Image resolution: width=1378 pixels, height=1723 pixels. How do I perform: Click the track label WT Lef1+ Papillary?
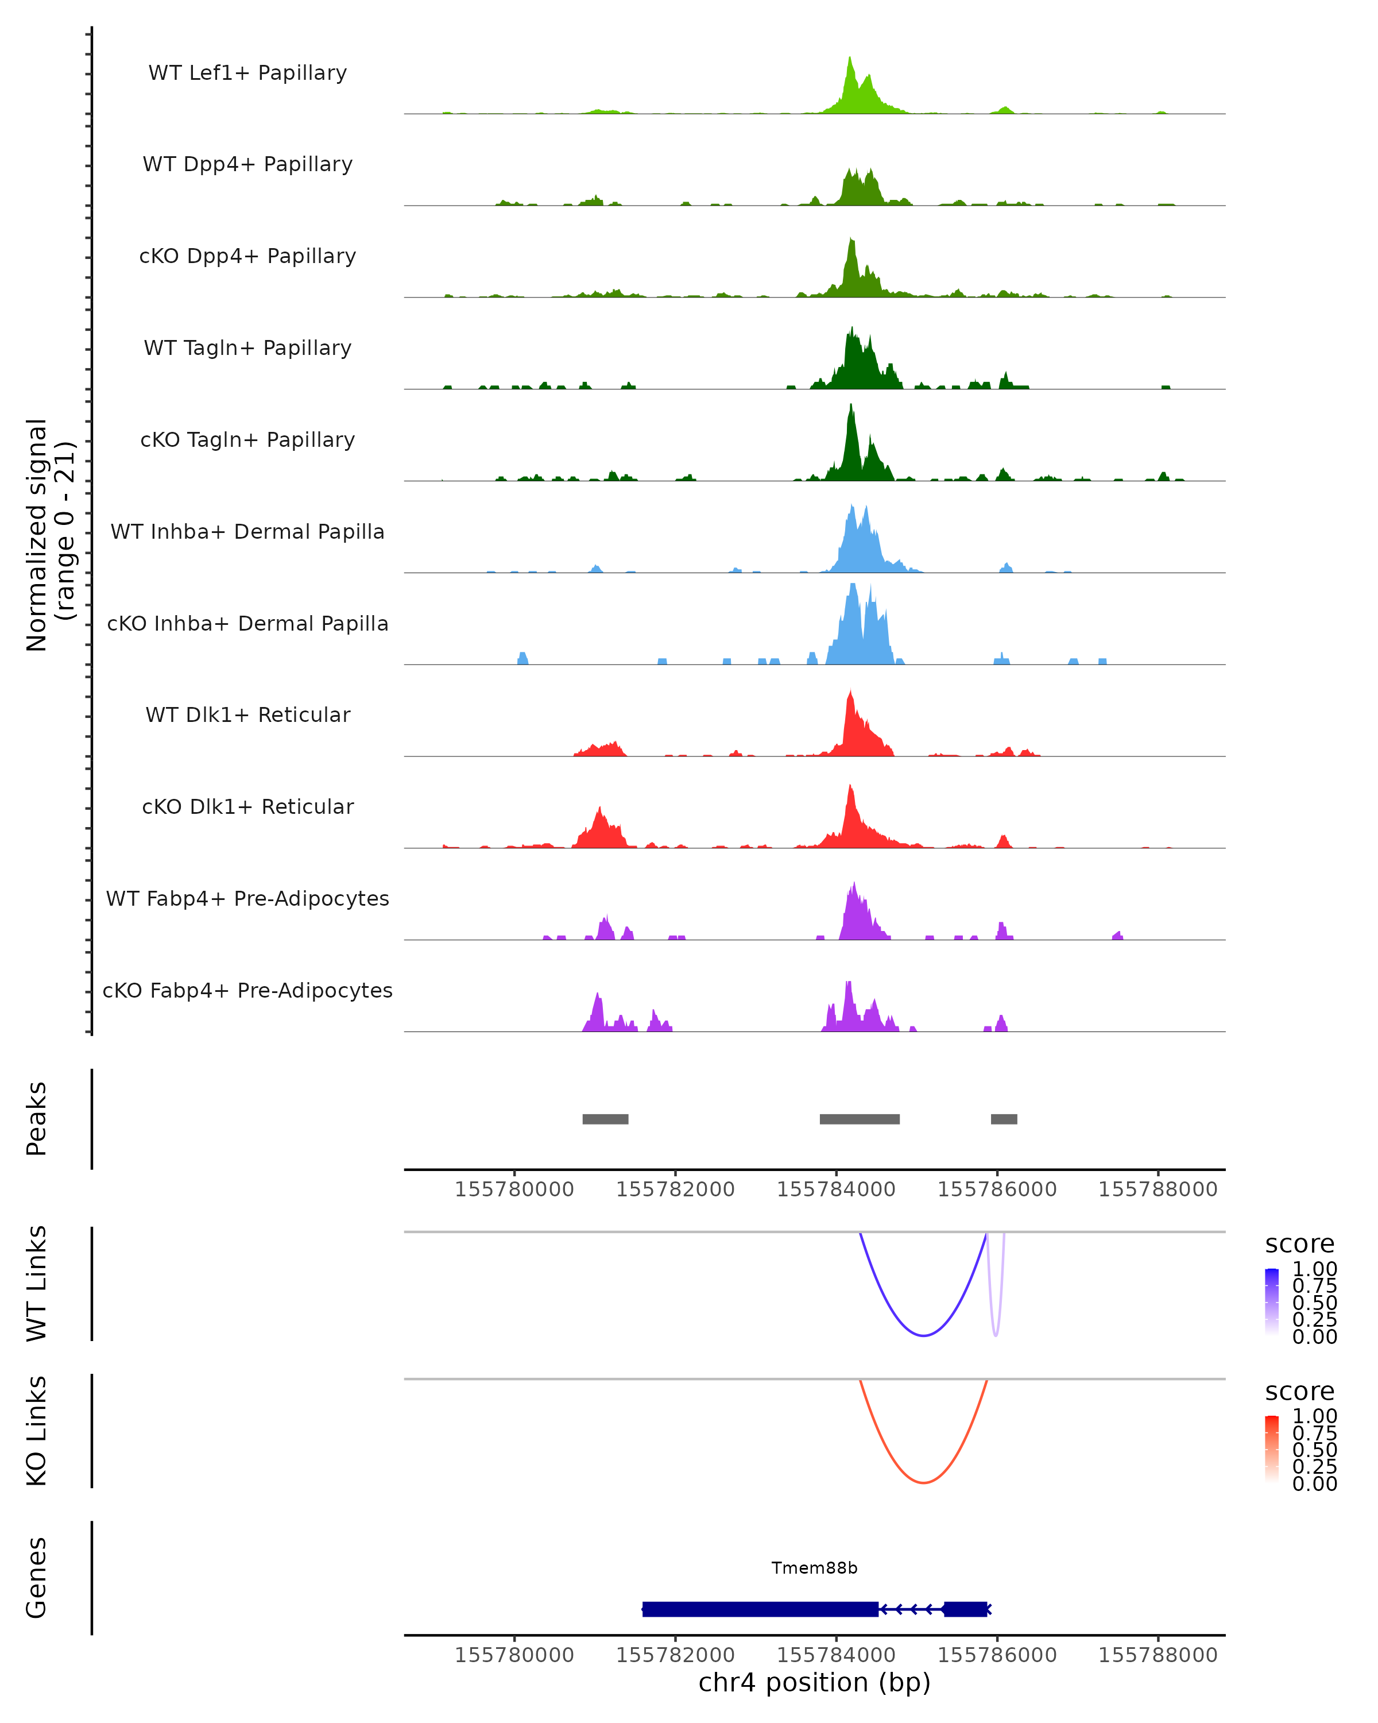(x=247, y=73)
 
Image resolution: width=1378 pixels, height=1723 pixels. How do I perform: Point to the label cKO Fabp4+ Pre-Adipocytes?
(x=247, y=990)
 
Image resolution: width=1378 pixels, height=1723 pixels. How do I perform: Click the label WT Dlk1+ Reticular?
(x=247, y=714)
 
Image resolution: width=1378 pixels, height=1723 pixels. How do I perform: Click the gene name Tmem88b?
(x=814, y=1568)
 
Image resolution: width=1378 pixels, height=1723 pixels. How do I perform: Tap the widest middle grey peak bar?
(x=859, y=1119)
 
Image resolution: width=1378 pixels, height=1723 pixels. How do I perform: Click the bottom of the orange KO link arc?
(x=923, y=1482)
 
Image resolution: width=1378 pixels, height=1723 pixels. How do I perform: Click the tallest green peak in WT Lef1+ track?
(x=849, y=60)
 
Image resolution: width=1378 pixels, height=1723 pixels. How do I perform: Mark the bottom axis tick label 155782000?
(x=675, y=1655)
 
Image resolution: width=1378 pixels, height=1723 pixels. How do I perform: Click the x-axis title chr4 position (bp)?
(x=814, y=1683)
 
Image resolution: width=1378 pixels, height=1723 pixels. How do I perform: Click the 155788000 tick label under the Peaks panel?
(x=1158, y=1189)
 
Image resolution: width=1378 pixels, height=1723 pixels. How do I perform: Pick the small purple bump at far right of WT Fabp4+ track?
(x=1117, y=935)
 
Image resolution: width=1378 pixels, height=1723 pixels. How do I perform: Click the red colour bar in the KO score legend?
(x=1272, y=1449)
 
